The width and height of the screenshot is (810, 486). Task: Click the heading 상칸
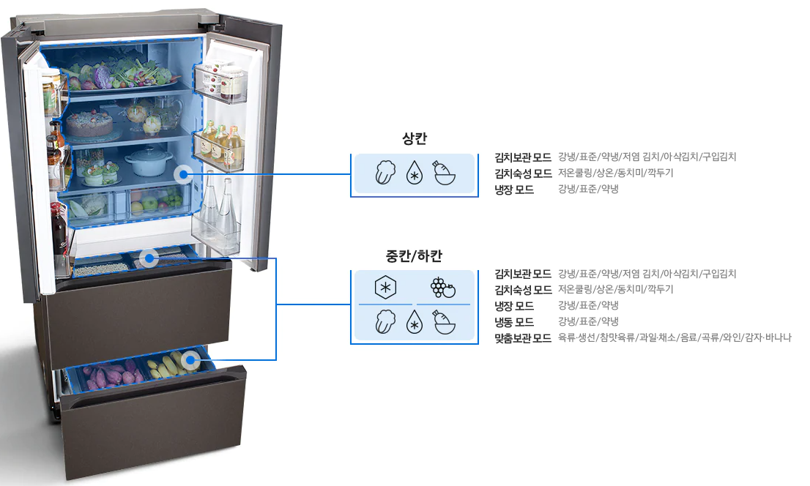(414, 139)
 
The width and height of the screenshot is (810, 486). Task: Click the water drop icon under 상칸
(415, 175)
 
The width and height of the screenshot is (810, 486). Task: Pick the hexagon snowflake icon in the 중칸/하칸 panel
(385, 288)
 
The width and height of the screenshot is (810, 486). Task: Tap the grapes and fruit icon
(443, 288)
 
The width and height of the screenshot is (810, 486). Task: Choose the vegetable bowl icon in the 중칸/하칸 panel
(445, 323)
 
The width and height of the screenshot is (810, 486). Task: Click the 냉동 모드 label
(514, 322)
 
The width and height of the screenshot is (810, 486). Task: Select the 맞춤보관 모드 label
(523, 338)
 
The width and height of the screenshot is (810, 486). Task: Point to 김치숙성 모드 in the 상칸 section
(523, 173)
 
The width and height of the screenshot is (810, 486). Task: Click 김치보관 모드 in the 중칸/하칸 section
(523, 274)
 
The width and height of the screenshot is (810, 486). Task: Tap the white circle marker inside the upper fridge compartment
(185, 174)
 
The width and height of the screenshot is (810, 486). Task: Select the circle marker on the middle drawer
(149, 258)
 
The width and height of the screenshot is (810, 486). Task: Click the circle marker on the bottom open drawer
(192, 359)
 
